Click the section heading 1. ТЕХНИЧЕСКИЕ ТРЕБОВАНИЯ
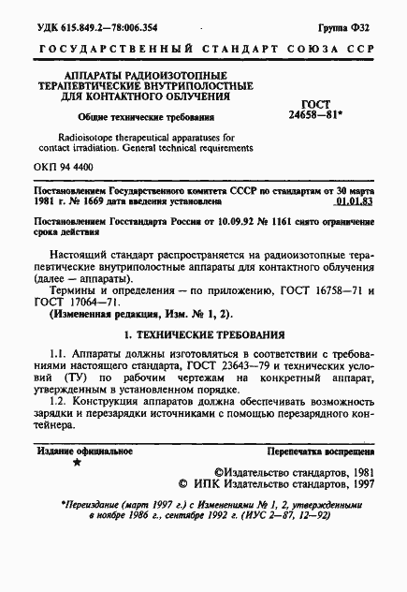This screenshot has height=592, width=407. point(204,333)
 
